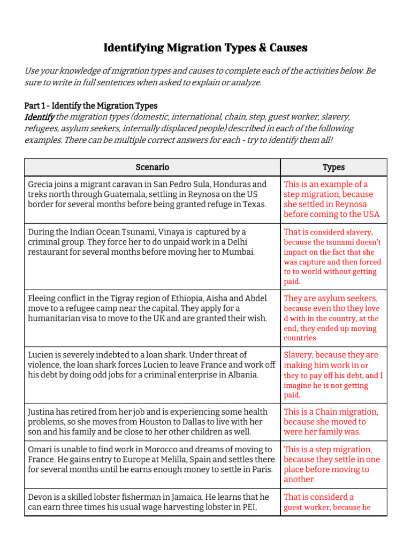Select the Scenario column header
(x=153, y=168)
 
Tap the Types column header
(x=333, y=168)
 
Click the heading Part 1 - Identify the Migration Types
(x=91, y=106)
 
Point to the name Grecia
(x=41, y=184)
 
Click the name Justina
(x=42, y=412)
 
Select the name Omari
(x=41, y=450)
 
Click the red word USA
(x=369, y=214)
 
